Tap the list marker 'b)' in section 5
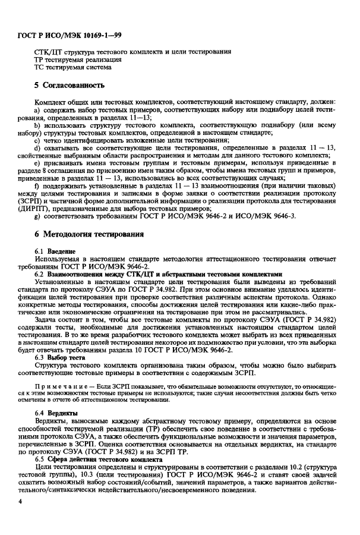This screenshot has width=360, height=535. pos(38,127)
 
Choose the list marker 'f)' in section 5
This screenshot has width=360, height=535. pos(37,188)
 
